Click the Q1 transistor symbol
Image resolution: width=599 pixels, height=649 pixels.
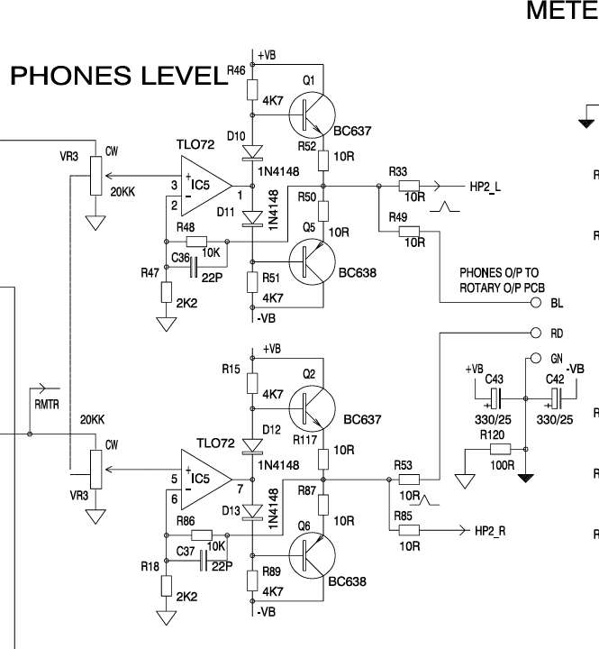[312, 115]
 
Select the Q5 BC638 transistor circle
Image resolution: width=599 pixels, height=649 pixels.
[312, 262]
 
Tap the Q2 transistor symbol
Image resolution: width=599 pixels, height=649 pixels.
[312, 408]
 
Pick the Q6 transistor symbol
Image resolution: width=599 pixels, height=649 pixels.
[312, 555]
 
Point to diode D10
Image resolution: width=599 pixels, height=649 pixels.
[252, 152]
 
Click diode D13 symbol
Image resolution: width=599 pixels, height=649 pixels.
[252, 512]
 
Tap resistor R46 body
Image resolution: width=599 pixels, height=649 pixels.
[252, 90]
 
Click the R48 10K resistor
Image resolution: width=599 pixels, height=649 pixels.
[196, 242]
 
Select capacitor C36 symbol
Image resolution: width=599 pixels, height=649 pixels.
[193, 267]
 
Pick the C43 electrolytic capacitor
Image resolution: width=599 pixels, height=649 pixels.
[495, 398]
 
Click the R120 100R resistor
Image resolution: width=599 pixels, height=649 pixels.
[500, 449]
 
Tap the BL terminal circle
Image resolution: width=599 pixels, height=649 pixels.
[536, 303]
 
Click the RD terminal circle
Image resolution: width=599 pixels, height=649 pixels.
[536, 333]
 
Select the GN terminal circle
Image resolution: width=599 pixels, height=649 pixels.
[536, 358]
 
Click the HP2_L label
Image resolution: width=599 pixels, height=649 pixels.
[486, 187]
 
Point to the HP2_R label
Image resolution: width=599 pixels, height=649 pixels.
[490, 531]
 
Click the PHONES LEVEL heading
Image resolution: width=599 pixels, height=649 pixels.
[119, 76]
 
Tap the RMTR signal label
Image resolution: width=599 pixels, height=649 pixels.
[47, 405]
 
